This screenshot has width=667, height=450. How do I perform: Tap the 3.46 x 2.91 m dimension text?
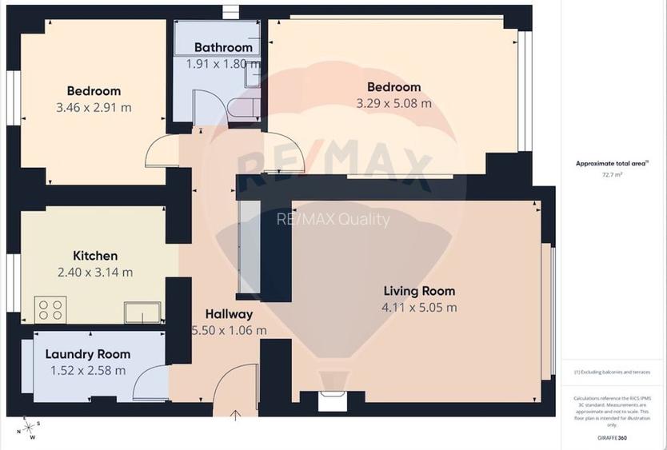[x=94, y=107]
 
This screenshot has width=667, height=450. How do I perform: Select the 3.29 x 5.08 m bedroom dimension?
[x=393, y=103]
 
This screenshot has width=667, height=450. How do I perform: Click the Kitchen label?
[x=95, y=256]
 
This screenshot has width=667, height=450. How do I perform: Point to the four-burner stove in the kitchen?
[x=50, y=309]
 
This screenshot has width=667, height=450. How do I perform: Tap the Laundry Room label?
[x=87, y=354]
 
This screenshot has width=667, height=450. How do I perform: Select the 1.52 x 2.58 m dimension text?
[x=87, y=370]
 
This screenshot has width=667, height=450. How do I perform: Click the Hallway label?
[x=229, y=314]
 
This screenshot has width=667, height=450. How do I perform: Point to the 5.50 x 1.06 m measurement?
[x=229, y=330]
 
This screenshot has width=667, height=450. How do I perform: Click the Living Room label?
[x=419, y=291]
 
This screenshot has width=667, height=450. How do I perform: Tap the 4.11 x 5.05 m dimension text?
[x=419, y=307]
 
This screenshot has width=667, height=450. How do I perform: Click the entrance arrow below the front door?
[x=236, y=414]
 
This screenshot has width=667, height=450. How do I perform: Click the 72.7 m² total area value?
[x=612, y=173]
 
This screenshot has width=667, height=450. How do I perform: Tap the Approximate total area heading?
[x=612, y=163]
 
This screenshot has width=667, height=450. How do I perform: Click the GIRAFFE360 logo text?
[x=612, y=439]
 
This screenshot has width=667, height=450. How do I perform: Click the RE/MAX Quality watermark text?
[x=333, y=220]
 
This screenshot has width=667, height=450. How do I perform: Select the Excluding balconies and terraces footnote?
[x=612, y=372]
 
